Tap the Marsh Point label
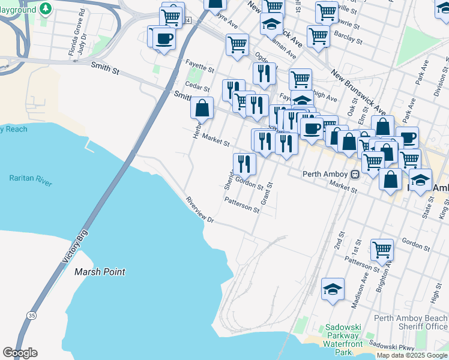pyautogui.click(x=100, y=272)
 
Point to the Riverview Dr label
pyautogui.click(x=200, y=210)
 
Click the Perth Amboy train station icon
pyautogui.click(x=355, y=174)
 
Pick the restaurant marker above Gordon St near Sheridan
pyautogui.click(x=244, y=163)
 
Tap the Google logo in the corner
pyautogui.click(x=20, y=353)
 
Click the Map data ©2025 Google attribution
pyautogui.click(x=412, y=355)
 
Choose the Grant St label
pyautogui.click(x=262, y=194)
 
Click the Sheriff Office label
pyautogui.click(x=423, y=326)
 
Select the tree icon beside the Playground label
pyautogui.click(x=46, y=8)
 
